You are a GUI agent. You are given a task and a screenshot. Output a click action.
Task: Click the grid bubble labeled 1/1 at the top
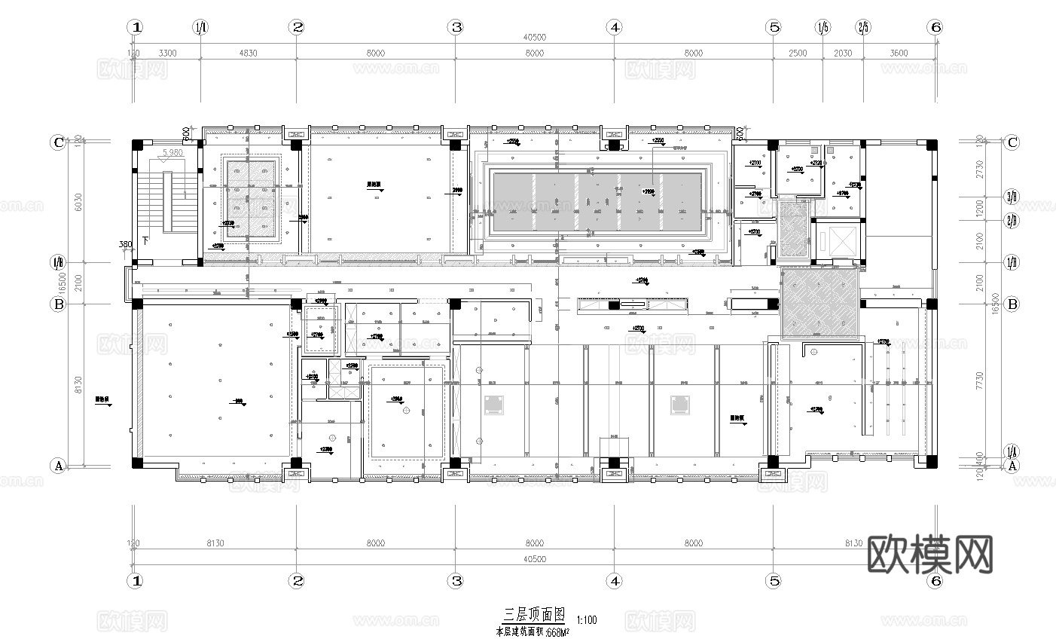click(200, 27)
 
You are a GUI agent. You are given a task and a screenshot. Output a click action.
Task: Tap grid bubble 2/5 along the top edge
click(863, 27)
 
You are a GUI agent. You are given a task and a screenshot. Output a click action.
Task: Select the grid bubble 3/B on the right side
click(1012, 197)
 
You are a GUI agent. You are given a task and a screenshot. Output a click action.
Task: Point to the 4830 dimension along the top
click(248, 53)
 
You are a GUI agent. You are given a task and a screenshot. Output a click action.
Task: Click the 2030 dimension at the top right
click(843, 53)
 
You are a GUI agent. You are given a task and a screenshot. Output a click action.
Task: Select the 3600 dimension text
click(899, 53)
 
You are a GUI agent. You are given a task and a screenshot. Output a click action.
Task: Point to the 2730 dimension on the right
click(978, 169)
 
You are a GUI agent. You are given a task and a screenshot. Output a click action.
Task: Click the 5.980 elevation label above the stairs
click(172, 152)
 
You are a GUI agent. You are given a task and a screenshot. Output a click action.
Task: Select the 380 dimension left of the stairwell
click(125, 244)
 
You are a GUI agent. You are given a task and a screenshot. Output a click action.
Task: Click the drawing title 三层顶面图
click(533, 615)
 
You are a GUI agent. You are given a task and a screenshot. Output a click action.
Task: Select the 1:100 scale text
click(586, 620)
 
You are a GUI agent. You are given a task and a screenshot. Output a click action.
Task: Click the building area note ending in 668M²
click(532, 631)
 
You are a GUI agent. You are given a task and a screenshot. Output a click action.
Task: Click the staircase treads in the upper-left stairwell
click(168, 201)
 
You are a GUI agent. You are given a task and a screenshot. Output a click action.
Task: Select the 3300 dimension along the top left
click(167, 53)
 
